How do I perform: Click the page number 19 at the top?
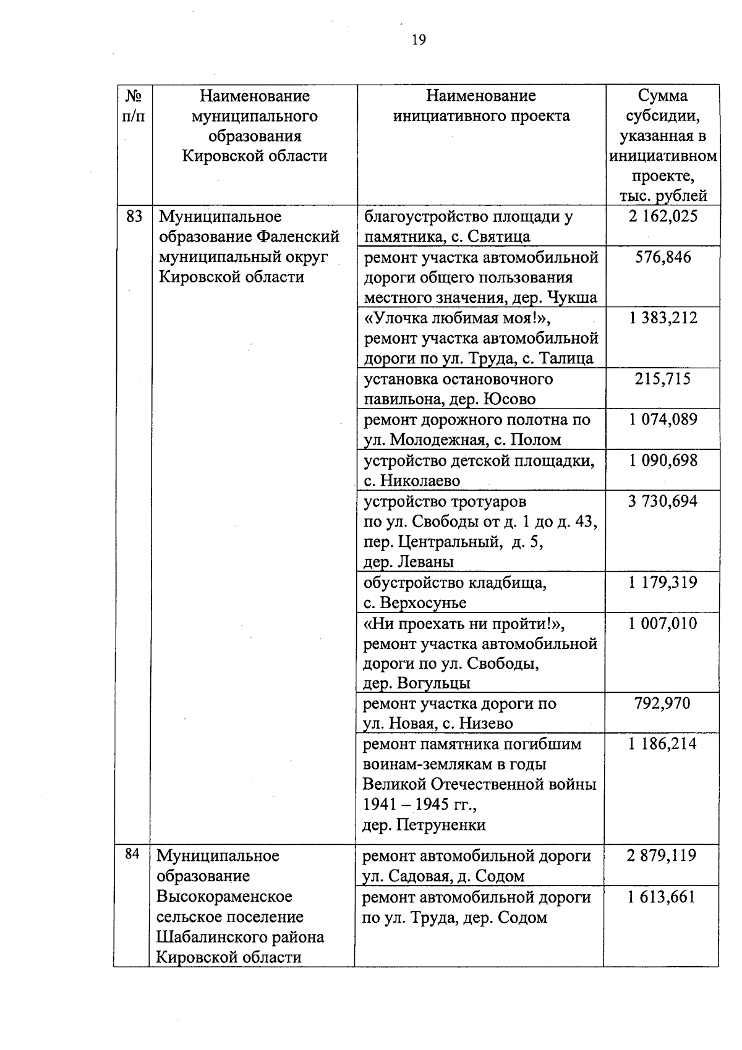point(419,40)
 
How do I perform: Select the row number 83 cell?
point(134,217)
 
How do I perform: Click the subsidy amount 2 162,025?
point(663,216)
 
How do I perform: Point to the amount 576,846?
point(663,257)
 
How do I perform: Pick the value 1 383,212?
point(663,318)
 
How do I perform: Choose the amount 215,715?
point(663,379)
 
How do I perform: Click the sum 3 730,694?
point(663,501)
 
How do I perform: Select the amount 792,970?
point(662,703)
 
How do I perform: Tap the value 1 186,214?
point(662,743)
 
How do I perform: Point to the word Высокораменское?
point(224,896)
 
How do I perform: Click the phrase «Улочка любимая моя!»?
point(456,318)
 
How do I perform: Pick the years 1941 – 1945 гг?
point(419,805)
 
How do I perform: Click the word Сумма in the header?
point(663,96)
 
